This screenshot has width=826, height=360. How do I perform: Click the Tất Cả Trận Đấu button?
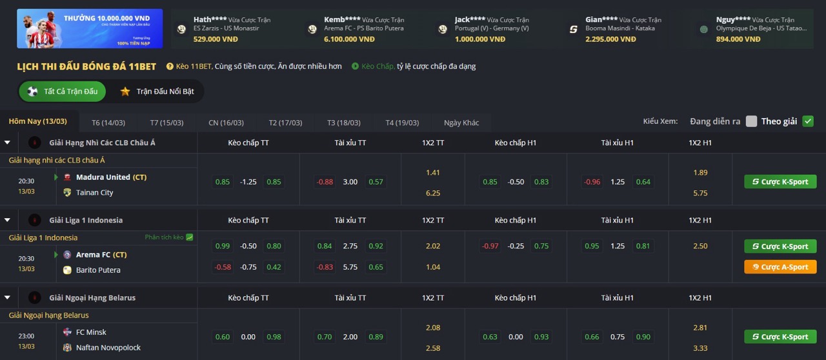pos(63,92)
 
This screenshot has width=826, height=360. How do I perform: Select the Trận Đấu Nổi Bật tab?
pos(157,92)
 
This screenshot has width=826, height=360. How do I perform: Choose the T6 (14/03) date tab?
pos(108,123)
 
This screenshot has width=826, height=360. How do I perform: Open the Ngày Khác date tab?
pos(461,123)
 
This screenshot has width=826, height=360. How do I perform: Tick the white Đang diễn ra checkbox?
pos(751,121)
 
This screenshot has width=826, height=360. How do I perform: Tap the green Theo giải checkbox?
pos(808,121)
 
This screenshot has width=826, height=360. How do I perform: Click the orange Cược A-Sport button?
pos(780,267)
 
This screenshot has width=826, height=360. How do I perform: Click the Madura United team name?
pos(103,177)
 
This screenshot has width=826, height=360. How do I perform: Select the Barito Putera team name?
pos(98,270)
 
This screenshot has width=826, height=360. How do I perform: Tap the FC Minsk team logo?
pos(67,332)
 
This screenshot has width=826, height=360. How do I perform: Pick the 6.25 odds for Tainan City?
pos(433,193)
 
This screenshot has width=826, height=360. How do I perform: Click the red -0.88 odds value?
pos(325,182)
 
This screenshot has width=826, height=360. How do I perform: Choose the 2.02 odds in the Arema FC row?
pos(433,246)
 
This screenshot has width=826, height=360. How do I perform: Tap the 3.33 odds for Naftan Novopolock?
pos(700,348)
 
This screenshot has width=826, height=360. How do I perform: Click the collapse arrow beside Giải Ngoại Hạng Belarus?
pos(7,297)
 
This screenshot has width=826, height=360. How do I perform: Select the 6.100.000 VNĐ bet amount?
pos(349,39)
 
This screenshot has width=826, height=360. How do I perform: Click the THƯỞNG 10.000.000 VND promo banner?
pos(90,28)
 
